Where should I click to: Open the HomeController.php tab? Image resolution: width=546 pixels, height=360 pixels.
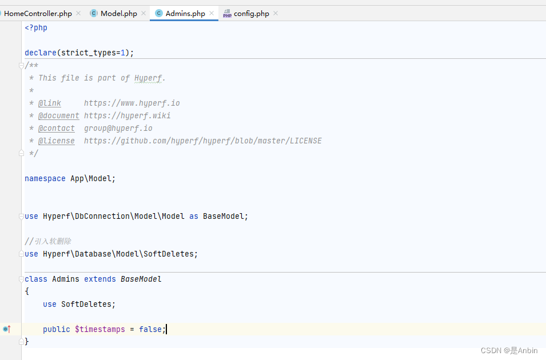coord(38,13)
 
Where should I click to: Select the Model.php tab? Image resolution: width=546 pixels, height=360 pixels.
coord(118,13)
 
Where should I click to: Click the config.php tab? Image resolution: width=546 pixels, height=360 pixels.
coord(251,13)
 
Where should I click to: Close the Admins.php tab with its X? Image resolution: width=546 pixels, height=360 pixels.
coord(212,13)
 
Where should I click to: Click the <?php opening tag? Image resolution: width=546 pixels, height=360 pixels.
coord(36,27)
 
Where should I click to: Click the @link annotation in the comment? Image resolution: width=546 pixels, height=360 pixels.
coord(50,103)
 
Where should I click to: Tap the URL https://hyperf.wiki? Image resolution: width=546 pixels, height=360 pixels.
coord(127,115)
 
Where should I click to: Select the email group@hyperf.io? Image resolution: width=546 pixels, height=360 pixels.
coord(118,128)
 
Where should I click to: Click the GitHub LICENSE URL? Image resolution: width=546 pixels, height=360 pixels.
coord(202,141)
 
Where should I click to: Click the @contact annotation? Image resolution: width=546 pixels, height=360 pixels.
coord(57,128)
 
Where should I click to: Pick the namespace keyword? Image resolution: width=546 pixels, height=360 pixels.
coord(45,178)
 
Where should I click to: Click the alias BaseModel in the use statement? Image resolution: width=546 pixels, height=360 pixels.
coord(224,216)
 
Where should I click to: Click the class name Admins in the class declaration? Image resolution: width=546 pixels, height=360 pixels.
coord(66,279)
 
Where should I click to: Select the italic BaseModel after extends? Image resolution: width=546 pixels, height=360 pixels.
coord(141,279)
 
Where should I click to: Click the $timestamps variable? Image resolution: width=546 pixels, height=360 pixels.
coord(99,329)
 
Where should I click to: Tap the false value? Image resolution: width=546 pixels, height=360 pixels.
coord(150,329)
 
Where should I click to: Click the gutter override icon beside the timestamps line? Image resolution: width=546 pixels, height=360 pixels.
coord(6,329)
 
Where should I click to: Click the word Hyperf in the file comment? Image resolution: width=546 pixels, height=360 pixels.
coord(148,78)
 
